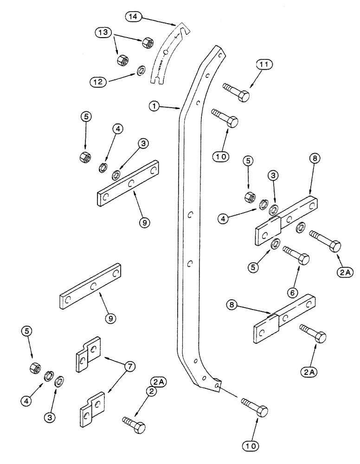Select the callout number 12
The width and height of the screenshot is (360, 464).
click(100, 82)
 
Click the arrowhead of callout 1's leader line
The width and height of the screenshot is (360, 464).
click(181, 110)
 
